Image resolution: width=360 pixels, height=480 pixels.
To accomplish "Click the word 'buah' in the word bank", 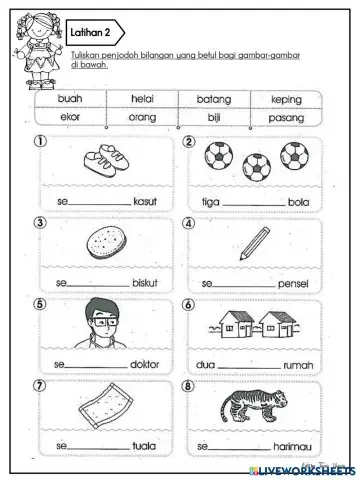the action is pos(70,99).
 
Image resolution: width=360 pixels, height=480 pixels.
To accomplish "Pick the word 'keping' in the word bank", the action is pos(285,99).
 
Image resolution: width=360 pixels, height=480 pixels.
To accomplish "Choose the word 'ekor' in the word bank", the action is pos(70,117).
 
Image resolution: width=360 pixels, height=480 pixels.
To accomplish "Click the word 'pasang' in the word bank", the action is pos(286,117).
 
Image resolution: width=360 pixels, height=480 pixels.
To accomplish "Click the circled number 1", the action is pos(41,142).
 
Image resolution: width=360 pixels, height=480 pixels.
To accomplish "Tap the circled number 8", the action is pos(188,385).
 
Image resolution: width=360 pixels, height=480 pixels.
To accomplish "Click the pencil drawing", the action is pos(255,242).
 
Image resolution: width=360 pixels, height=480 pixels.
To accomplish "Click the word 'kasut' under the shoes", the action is pos(146,201).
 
